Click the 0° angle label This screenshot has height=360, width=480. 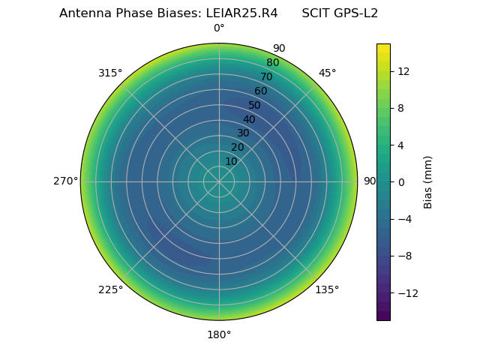[219, 28]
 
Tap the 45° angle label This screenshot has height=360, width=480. [327, 73]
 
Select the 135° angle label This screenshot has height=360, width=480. [327, 289]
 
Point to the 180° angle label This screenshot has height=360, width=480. [219, 334]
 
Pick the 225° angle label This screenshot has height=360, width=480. [110, 289]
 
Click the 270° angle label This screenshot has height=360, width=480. [66, 181]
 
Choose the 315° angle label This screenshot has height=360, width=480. [110, 73]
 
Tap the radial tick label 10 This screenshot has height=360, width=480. [231, 161]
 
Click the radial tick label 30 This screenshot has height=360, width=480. [243, 133]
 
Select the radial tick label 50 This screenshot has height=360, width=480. [255, 105]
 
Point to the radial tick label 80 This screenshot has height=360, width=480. [272, 63]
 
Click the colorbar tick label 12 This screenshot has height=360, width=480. [403, 71]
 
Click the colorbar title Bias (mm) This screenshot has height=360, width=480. [428, 182]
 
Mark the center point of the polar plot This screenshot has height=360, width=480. [219, 181]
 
